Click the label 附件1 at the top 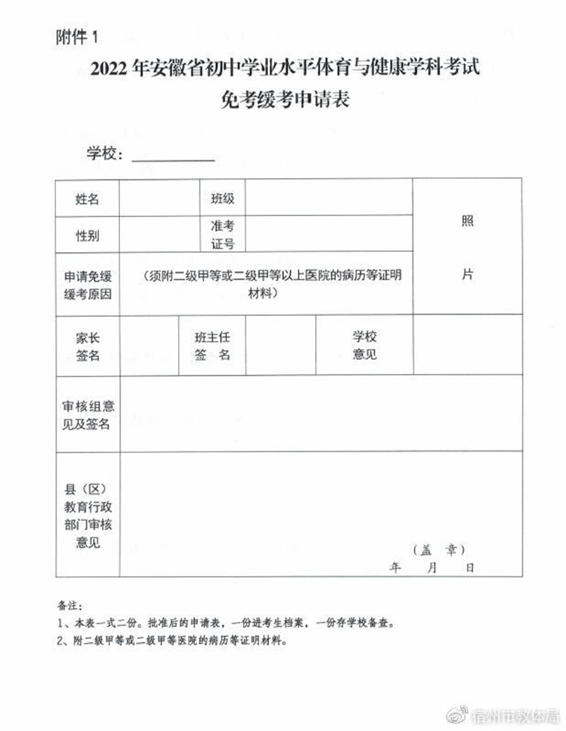click(x=77, y=37)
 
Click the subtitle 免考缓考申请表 click(x=285, y=99)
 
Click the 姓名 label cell click(x=87, y=199)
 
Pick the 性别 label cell click(x=87, y=235)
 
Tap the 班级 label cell click(x=222, y=199)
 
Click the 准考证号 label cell click(x=222, y=235)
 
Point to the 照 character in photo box click(x=468, y=221)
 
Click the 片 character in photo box click(x=468, y=274)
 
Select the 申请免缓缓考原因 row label click(x=87, y=285)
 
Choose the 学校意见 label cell click(x=364, y=346)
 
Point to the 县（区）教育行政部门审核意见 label click(x=87, y=516)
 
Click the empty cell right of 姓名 click(x=156, y=199)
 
